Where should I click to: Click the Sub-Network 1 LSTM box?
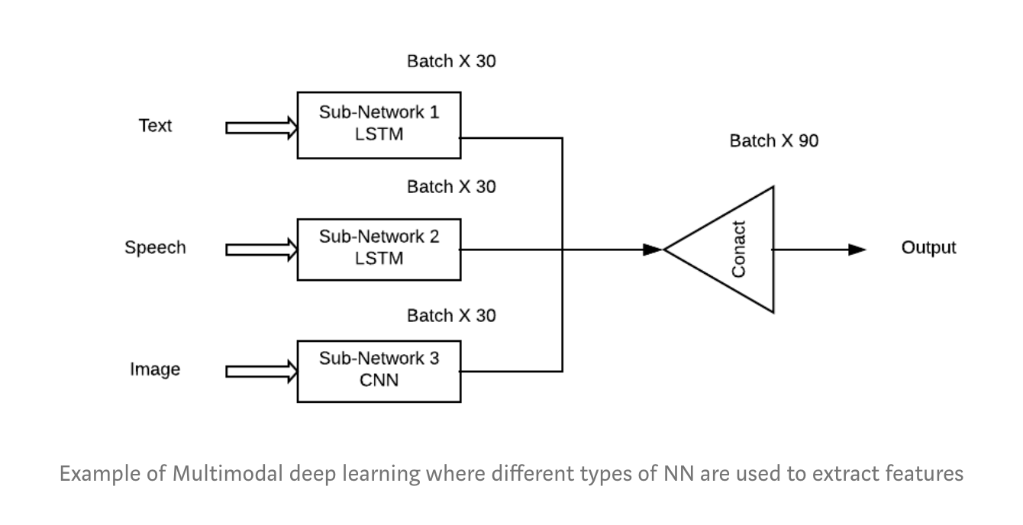(x=379, y=125)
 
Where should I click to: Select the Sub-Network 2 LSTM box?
(x=379, y=248)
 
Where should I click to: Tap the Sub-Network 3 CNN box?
(x=379, y=370)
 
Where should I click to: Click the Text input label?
(x=155, y=126)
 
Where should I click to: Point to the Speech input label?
(x=155, y=248)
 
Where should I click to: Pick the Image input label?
(x=155, y=370)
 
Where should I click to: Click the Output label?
(x=928, y=248)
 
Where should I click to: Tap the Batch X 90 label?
(x=773, y=141)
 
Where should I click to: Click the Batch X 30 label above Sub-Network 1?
(x=451, y=62)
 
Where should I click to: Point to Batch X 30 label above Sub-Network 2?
(x=451, y=187)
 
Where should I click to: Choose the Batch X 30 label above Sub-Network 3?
(x=451, y=316)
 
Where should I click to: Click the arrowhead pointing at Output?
(x=857, y=250)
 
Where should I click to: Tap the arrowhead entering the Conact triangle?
(x=652, y=250)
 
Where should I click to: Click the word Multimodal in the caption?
(x=230, y=474)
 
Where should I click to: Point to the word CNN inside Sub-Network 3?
(x=379, y=379)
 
